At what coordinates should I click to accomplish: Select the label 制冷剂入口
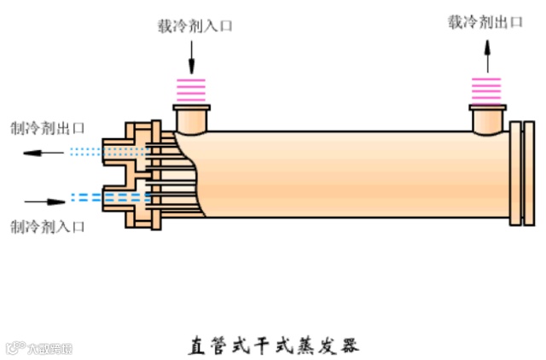click(47, 226)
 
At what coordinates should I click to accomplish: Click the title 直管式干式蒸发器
click(273, 347)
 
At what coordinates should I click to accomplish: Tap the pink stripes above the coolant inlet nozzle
click(192, 89)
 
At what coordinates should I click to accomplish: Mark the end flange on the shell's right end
click(515, 174)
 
